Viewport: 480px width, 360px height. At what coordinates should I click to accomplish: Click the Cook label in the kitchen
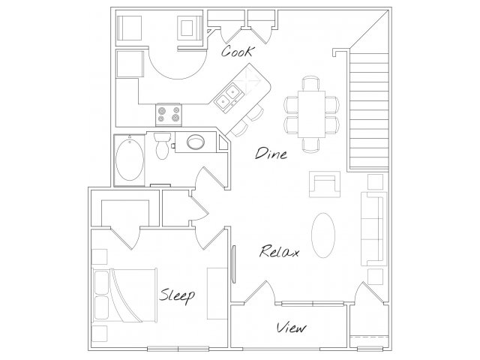238,52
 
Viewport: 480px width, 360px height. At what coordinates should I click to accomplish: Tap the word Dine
271,153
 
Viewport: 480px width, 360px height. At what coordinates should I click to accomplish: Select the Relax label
279,251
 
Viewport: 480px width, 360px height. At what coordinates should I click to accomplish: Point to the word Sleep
177,295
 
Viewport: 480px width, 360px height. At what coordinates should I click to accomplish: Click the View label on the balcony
291,328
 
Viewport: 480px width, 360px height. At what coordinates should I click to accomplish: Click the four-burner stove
168,115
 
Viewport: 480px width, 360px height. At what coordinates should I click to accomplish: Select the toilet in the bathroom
162,145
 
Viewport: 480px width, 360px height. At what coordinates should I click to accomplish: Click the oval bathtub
130,160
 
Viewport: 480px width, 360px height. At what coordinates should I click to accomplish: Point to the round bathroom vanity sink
196,142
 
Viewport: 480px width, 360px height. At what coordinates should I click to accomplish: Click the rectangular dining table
312,114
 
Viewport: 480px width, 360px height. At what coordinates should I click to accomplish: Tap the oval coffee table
323,235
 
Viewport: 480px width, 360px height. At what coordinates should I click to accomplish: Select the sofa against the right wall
374,229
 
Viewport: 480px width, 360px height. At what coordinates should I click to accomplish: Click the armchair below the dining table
325,184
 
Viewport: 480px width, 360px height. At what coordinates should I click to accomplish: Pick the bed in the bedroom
124,295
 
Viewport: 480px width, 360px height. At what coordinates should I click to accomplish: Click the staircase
368,110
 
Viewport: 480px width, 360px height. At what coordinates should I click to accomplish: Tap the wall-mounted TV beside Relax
233,264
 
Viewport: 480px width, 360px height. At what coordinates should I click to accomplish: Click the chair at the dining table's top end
311,83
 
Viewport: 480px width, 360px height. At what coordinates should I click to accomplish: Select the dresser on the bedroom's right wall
217,294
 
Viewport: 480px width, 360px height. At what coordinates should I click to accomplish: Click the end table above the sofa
375,181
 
